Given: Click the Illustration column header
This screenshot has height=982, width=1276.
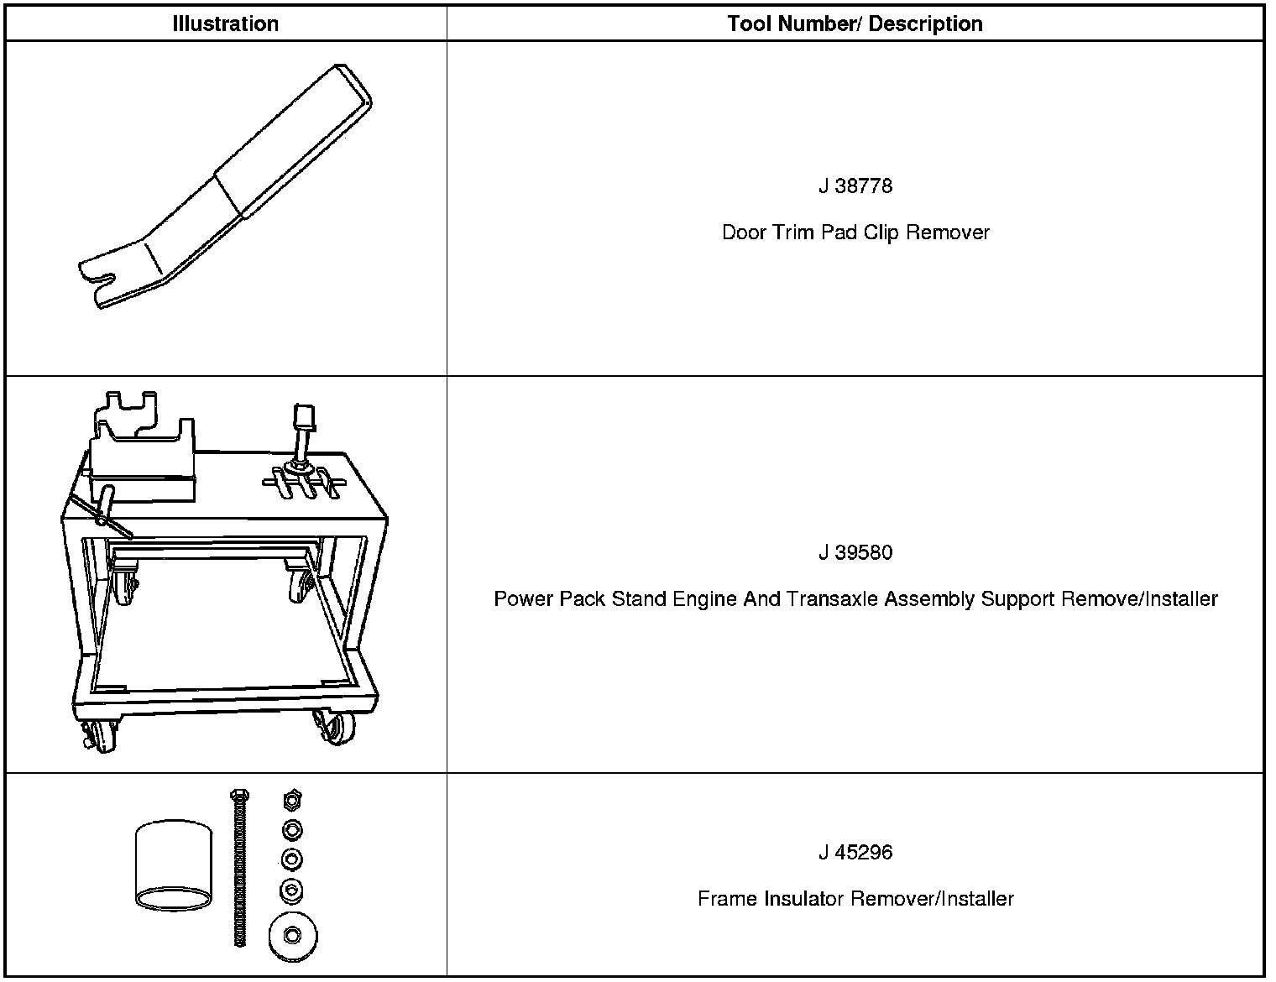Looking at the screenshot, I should pos(225,24).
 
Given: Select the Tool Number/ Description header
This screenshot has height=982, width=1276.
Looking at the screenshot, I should pos(855,24).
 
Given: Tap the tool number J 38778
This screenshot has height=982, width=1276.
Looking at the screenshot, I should pos(855,185).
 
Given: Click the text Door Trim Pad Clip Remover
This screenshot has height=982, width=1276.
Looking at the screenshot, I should pos(855,232).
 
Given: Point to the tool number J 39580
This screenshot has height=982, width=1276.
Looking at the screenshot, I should pos(855,552).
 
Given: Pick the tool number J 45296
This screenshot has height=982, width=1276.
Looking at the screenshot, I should pos(855,853).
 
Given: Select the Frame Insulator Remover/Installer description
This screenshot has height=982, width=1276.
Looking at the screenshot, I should pos(855,899).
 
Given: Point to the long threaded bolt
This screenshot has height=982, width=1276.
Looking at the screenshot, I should pos(238,869).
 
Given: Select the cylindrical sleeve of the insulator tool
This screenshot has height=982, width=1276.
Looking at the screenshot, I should pos(172,864).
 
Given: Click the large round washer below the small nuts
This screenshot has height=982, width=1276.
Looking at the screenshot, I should pos(292,935).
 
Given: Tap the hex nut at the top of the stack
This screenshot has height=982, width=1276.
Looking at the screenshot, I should pos(292,799).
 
